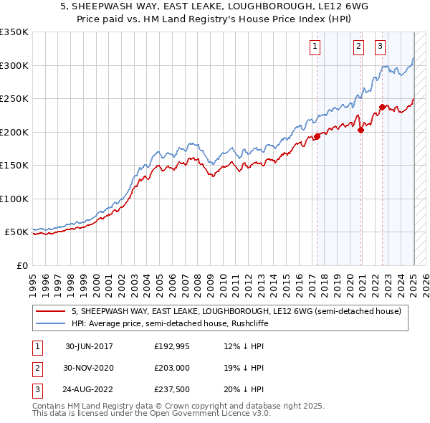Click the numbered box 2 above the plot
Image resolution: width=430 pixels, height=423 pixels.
[358, 47]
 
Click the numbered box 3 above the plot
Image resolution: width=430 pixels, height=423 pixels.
[380, 47]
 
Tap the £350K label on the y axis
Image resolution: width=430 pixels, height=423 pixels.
[14, 32]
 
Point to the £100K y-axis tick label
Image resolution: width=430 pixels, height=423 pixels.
[14, 199]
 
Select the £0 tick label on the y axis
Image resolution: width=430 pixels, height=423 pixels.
[21, 265]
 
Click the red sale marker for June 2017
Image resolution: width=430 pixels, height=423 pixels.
[317, 137]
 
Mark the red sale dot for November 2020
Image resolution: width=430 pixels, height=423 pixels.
[360, 130]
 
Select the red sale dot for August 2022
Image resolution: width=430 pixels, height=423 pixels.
[382, 107]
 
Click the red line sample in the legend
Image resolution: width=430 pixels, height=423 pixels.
[51, 311]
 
